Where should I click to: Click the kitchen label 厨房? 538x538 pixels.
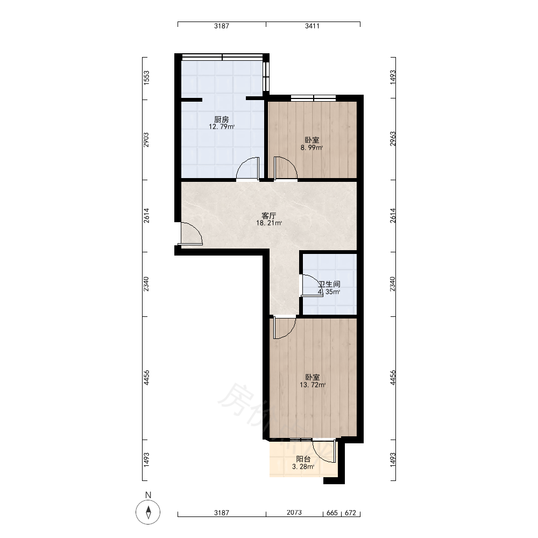pos(221,119)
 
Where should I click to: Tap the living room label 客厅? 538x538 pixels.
pos(268,216)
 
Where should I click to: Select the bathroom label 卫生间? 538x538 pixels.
pos(329,284)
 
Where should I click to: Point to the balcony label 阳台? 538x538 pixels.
pos(303,459)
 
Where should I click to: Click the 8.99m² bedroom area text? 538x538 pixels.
pos(312,148)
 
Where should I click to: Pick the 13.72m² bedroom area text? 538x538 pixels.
pos(313,385)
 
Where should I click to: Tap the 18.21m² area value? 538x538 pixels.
pos(269,223)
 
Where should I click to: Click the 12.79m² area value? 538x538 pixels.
pos(222,126)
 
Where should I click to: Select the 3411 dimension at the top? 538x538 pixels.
pos(312,26)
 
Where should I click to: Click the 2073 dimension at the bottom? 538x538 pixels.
pos(294,513)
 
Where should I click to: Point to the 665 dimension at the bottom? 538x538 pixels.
pos(332,513)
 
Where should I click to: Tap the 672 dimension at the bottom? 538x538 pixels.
pos(350,513)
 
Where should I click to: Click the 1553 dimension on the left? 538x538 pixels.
pos(146,77)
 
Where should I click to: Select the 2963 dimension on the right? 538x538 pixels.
pos(393,139)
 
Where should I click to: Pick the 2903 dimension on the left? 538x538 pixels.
pos(146,140)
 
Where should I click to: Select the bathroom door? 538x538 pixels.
pos(310,286)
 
